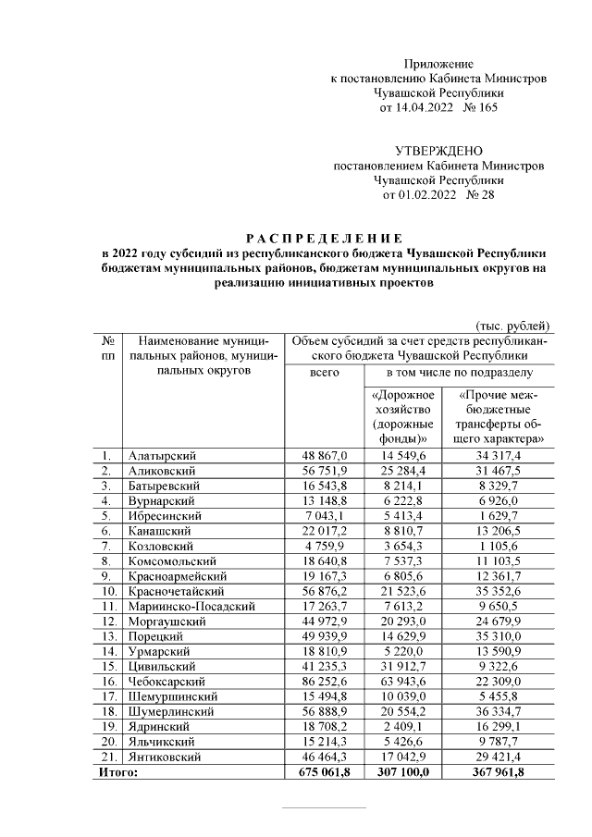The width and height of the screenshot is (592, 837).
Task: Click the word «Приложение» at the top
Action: click(438, 63)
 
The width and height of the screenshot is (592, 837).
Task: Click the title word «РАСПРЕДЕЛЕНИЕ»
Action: click(323, 238)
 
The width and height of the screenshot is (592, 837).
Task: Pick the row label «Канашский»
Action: click(159, 531)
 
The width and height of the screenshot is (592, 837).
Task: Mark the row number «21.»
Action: click(107, 756)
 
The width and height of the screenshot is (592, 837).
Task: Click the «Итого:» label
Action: click(117, 771)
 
